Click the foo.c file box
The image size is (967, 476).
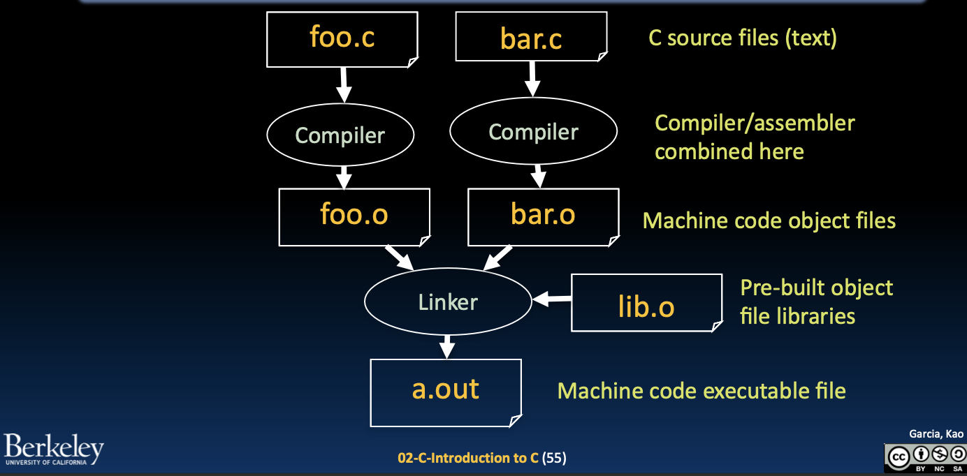(x=342, y=38)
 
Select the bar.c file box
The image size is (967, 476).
(x=531, y=39)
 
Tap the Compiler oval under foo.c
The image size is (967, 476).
(x=340, y=135)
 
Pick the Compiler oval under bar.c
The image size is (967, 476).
(x=533, y=132)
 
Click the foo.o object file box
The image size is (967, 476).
(x=354, y=215)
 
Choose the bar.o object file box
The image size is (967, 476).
(x=543, y=215)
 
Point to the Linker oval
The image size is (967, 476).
(x=448, y=302)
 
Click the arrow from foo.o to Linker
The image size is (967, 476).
(x=400, y=258)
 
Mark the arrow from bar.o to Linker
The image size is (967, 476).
(x=499, y=258)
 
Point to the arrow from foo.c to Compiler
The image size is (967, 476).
(x=343, y=84)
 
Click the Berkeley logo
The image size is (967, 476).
(x=53, y=449)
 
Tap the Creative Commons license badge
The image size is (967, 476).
(x=924, y=458)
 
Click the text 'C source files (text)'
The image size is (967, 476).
(x=742, y=38)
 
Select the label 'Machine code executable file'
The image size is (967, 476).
(x=701, y=391)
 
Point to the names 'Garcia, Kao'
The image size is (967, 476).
(x=936, y=434)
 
